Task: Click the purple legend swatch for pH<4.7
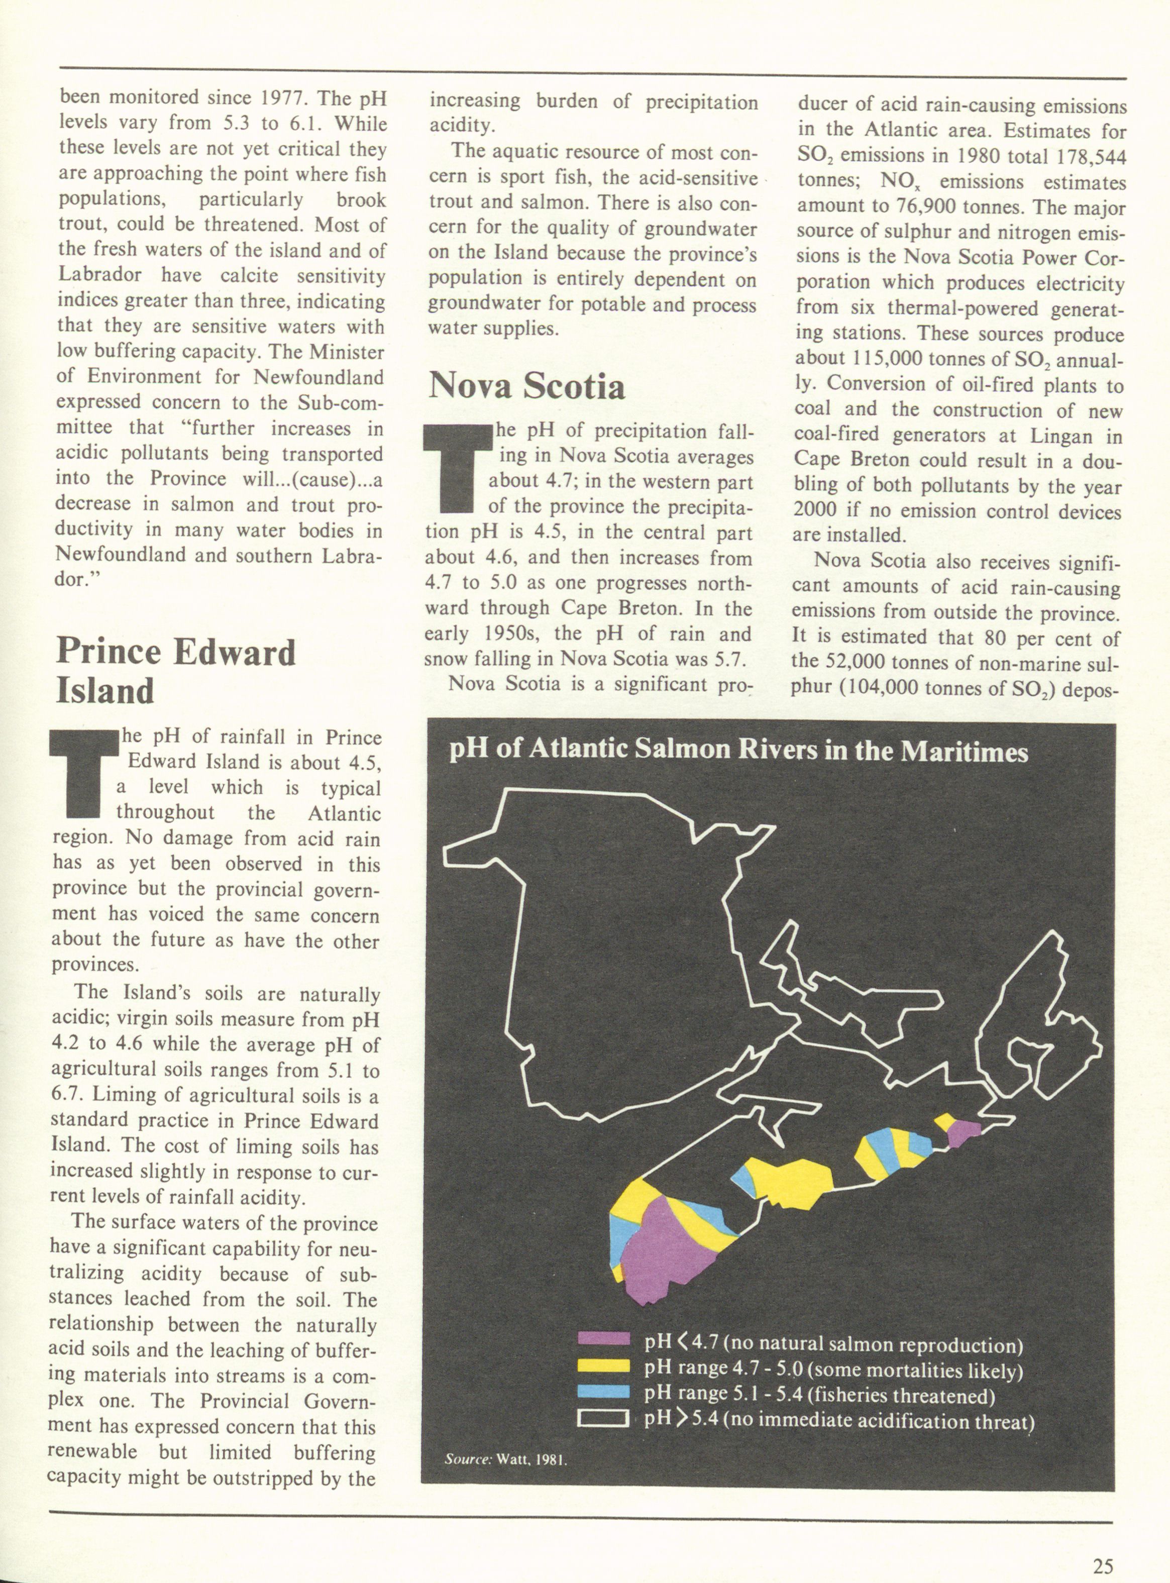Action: click(x=603, y=1339)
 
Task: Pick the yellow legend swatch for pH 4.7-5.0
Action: click(x=603, y=1365)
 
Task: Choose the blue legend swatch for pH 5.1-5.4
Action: click(x=603, y=1392)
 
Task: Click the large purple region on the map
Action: click(x=666, y=1253)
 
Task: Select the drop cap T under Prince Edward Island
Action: click(x=83, y=774)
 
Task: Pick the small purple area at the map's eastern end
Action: click(x=963, y=1132)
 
